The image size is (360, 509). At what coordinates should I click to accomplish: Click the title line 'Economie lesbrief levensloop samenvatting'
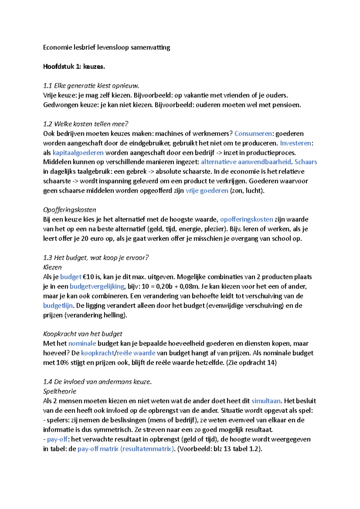tap(106, 47)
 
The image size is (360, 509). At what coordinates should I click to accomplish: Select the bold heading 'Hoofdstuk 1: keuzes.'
tap(74, 67)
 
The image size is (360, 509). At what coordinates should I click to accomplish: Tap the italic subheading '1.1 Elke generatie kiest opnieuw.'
tap(91, 86)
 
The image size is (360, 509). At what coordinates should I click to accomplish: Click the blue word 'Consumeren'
tap(253, 133)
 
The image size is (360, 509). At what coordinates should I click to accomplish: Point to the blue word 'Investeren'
tap(295, 143)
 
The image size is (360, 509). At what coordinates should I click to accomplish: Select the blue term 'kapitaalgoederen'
tap(78, 153)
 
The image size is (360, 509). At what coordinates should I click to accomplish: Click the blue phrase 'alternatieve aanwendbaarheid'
tap(246, 162)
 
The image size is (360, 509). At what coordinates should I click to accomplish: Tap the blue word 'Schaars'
tap(306, 162)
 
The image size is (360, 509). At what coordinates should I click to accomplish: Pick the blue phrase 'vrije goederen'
tap(207, 191)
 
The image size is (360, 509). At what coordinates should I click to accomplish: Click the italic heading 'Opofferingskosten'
tap(70, 210)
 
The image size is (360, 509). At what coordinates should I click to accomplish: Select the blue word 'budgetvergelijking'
tap(97, 286)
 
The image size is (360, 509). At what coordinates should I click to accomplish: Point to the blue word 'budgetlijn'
tap(58, 305)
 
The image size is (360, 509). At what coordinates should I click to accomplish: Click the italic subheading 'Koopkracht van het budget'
tap(83, 334)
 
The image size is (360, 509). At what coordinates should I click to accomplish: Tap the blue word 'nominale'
tap(82, 344)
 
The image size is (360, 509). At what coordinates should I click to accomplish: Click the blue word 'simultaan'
tap(266, 401)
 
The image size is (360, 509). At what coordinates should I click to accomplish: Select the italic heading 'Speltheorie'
tap(60, 391)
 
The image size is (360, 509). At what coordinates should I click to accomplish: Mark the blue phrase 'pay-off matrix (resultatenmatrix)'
tap(126, 449)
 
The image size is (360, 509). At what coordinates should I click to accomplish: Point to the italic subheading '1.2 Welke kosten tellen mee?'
tap(85, 124)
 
